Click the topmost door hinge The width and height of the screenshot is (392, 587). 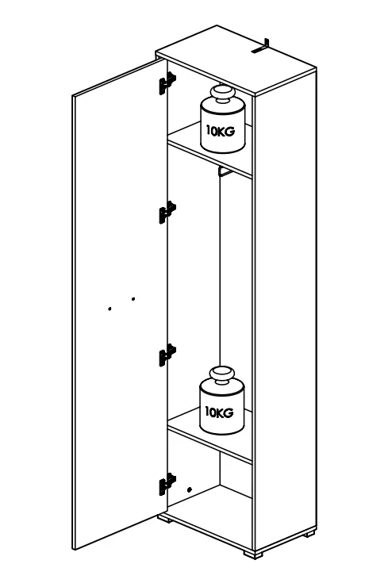[167, 83]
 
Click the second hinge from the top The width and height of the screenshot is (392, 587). [167, 213]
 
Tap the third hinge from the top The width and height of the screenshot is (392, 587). [167, 355]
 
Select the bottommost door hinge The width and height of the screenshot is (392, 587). [167, 484]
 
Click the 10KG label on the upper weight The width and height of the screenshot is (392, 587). [221, 131]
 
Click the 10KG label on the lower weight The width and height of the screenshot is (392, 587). [219, 412]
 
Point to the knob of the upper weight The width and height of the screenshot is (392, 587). [222, 94]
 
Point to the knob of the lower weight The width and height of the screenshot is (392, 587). [221, 376]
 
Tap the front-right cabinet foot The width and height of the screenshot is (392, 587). [253, 554]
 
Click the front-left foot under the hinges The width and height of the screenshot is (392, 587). [165, 519]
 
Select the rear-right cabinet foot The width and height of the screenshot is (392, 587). [309, 533]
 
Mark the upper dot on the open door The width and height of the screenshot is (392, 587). [133, 299]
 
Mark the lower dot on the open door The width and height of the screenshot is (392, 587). [110, 309]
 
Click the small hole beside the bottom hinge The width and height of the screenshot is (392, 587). [190, 489]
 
